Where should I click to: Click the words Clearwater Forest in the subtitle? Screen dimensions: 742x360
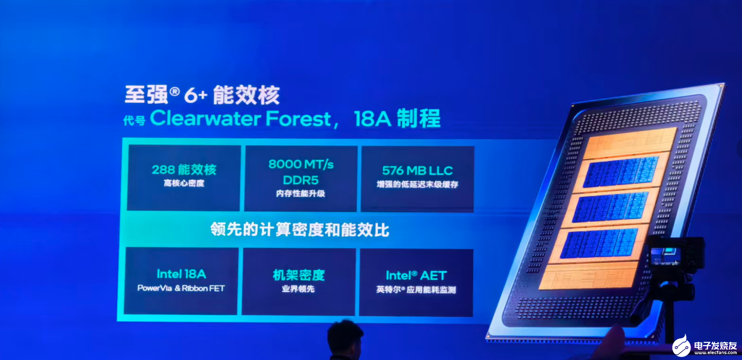[x=241, y=119]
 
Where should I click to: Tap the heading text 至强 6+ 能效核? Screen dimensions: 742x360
[x=202, y=95]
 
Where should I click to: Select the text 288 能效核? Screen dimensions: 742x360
[x=184, y=170]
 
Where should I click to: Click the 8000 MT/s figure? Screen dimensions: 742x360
[x=301, y=164]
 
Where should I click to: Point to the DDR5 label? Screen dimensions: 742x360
[x=300, y=180]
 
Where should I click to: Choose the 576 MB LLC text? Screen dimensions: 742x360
[x=418, y=171]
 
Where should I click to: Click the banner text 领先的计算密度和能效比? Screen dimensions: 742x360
[x=300, y=229]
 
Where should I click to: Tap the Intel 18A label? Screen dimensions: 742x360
[x=181, y=274]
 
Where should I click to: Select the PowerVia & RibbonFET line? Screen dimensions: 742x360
[x=181, y=288]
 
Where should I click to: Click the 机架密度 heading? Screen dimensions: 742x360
[x=299, y=275]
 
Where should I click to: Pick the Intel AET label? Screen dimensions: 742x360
[x=416, y=276]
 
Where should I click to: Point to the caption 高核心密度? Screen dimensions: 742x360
[x=184, y=183]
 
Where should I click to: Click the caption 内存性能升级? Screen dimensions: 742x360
[x=300, y=193]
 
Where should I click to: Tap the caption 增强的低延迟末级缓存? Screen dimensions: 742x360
[x=418, y=184]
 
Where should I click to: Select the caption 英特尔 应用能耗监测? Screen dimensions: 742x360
[x=416, y=290]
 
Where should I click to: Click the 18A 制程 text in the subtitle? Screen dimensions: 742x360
[x=397, y=119]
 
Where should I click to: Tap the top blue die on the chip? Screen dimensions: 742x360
[x=621, y=172]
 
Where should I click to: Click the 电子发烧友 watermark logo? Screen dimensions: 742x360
[x=705, y=347]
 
